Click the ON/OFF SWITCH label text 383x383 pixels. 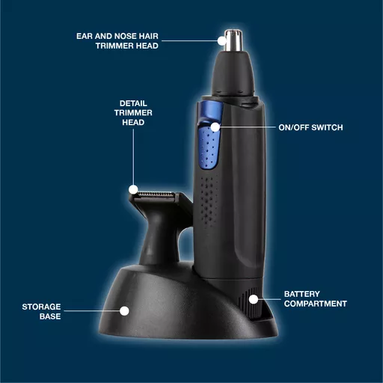[x=310, y=128]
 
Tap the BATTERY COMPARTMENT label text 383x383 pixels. [x=316, y=299]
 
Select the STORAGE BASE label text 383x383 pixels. [x=41, y=311]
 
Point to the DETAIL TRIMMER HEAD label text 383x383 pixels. [x=133, y=113]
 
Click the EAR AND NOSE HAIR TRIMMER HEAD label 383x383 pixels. [x=117, y=41]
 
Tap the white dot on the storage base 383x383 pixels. [x=124, y=311]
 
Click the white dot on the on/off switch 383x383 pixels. [x=215, y=127]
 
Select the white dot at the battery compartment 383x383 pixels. [x=254, y=299]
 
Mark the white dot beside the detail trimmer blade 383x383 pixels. [x=133, y=189]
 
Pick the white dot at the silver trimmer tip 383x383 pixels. [x=221, y=40]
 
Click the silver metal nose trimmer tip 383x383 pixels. [x=233, y=40]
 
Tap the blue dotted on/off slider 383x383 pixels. [x=209, y=147]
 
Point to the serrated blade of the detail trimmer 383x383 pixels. [x=155, y=194]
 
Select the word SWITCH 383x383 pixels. [x=327, y=128]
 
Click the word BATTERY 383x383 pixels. [x=301, y=294]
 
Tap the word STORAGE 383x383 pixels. [x=41, y=307]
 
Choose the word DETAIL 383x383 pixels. [x=133, y=103]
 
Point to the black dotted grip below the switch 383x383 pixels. [x=209, y=200]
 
